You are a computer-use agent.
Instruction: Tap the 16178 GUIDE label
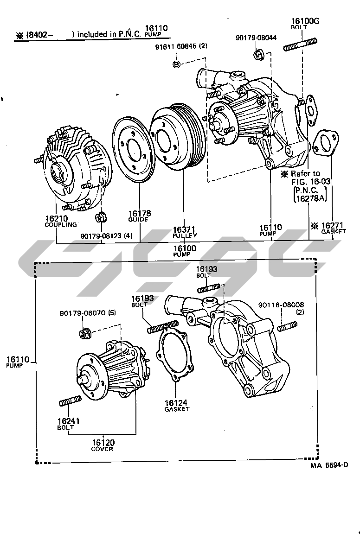tap(139, 216)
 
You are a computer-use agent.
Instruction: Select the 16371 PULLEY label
tap(185, 232)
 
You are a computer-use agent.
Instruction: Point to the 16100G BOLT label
tap(305, 24)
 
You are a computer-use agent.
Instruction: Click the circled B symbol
tap(176, 64)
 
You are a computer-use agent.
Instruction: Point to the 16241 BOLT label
tap(69, 424)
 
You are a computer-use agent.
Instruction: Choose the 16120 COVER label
tap(102, 445)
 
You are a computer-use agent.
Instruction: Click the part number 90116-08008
tap(281, 305)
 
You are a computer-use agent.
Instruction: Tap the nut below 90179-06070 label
tap(84, 333)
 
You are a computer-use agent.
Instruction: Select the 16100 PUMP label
tap(185, 251)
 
